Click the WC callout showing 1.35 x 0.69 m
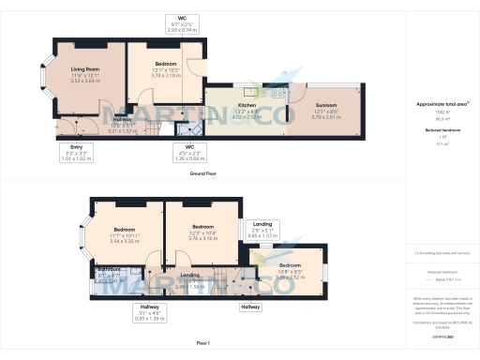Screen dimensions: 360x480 (190, 151)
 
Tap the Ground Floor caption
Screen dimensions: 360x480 (203, 174)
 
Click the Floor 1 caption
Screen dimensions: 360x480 (203, 343)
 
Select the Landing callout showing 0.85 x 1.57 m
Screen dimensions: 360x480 (265, 229)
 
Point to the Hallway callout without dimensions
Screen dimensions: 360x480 (250, 307)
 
